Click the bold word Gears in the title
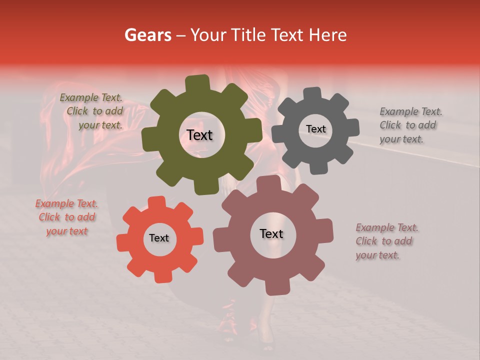tap(148, 35)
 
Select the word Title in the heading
tap(249, 35)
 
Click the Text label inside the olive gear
tap(199, 135)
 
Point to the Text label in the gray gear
tap(315, 129)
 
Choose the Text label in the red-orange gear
tap(159, 238)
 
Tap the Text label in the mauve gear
tap(271, 233)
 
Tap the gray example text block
tap(410, 125)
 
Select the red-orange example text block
tap(66, 217)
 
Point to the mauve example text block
tap(386, 241)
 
